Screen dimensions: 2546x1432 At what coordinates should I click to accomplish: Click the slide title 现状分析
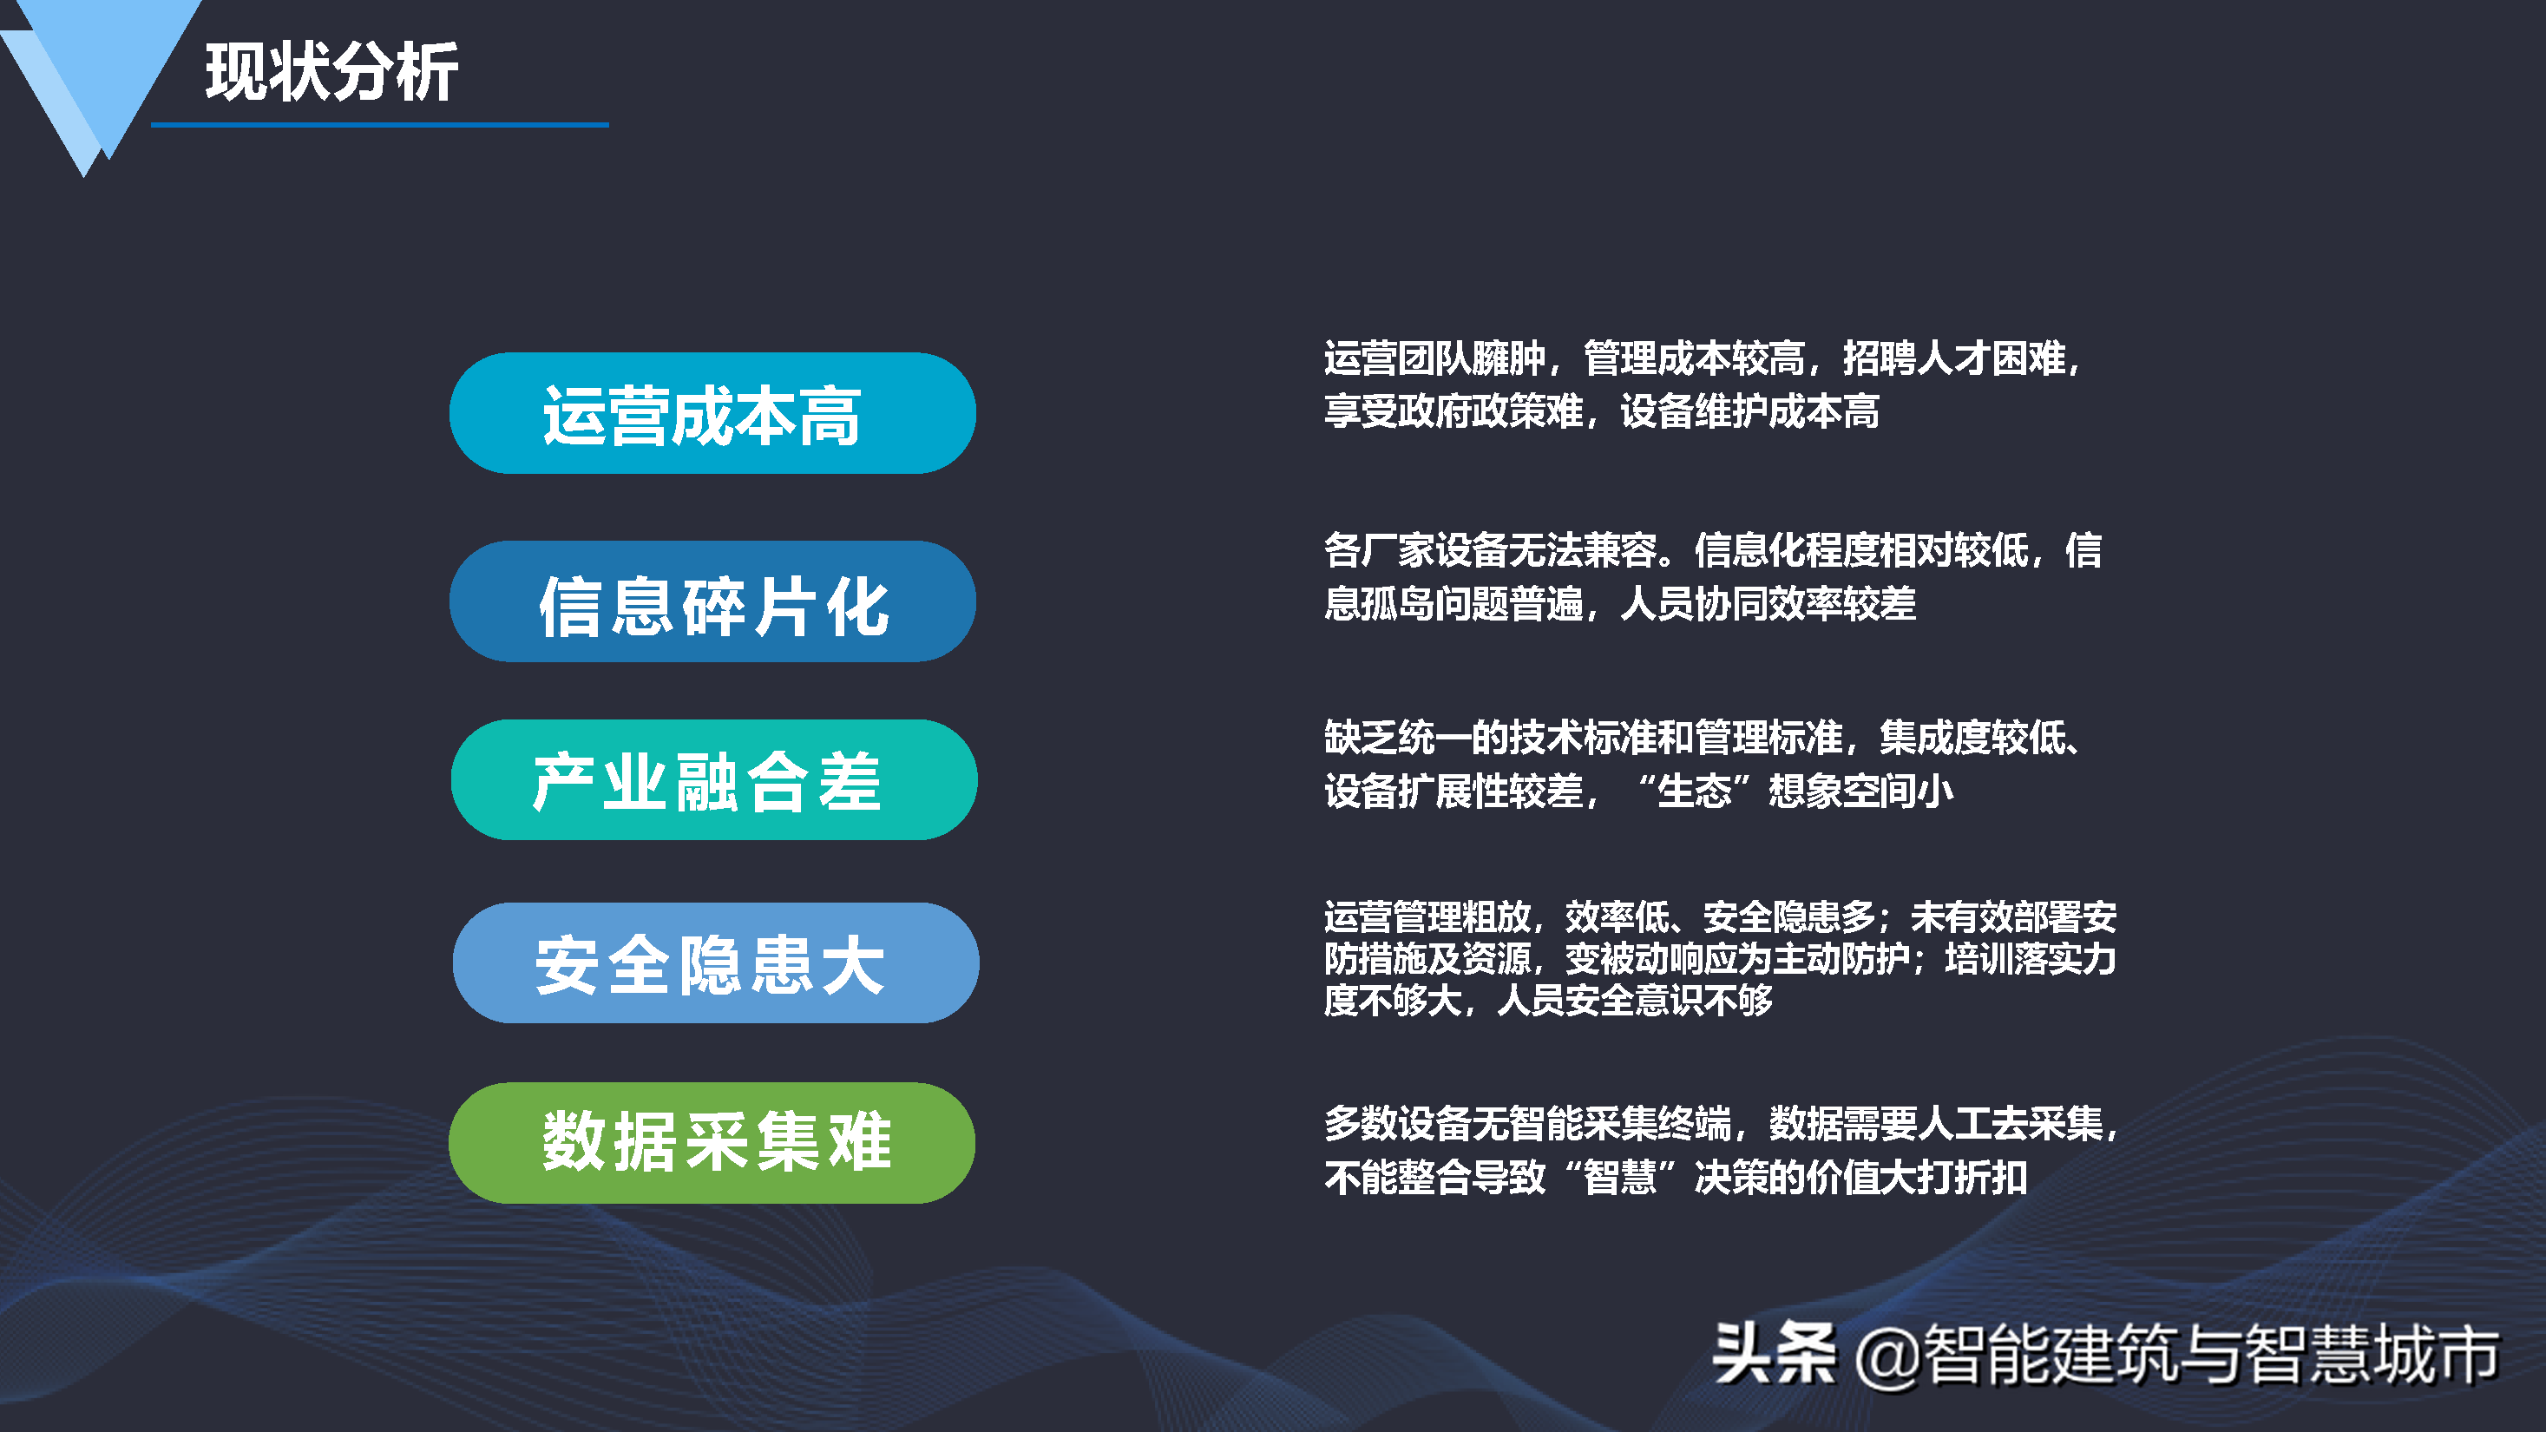point(331,72)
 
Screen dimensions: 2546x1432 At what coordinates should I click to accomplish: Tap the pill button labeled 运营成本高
point(712,413)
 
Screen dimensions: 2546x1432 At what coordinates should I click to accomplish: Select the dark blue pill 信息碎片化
point(712,601)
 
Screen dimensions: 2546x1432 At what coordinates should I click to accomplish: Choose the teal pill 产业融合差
point(713,779)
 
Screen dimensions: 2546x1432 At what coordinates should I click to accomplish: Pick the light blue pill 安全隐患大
point(716,962)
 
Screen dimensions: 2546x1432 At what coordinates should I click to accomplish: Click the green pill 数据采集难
point(712,1142)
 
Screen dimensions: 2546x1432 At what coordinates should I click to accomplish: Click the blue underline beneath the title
point(379,124)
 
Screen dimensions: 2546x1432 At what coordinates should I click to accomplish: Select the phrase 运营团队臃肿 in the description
point(1434,358)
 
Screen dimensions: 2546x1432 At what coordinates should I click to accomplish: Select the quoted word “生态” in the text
point(1694,791)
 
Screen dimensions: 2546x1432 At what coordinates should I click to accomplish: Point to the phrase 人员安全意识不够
point(1636,1000)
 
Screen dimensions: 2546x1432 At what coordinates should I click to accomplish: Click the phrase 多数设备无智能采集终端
point(1527,1124)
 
